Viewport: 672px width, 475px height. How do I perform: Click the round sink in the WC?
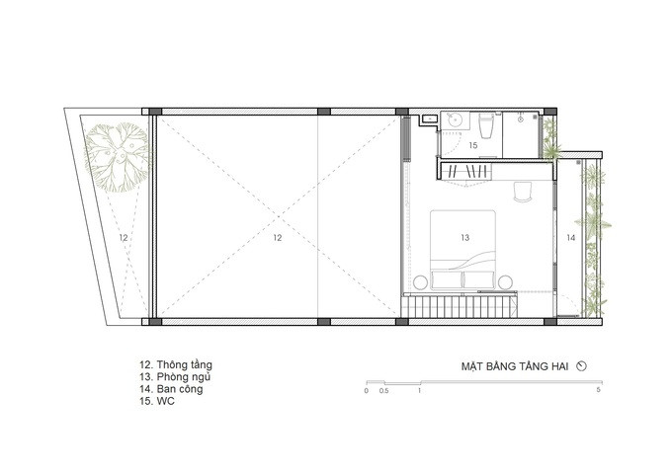(x=454, y=120)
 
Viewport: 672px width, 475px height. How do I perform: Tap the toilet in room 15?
(x=486, y=125)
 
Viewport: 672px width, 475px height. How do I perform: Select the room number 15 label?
(x=472, y=145)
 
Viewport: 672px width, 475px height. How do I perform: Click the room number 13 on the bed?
(x=465, y=237)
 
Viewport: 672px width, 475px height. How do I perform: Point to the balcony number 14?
(x=571, y=238)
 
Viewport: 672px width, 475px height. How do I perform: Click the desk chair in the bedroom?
(x=523, y=192)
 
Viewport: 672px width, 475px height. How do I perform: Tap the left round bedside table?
(x=420, y=282)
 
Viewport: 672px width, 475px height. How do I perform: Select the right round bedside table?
(x=505, y=282)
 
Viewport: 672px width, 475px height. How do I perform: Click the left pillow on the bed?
(x=447, y=279)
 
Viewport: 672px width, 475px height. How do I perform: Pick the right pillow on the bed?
(x=479, y=279)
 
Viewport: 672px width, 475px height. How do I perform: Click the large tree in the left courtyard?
(x=118, y=157)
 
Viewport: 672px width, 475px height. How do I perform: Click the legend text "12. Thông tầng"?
(x=176, y=365)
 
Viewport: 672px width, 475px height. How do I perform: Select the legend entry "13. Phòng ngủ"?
(x=175, y=377)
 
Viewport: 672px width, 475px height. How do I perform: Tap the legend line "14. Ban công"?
(x=171, y=389)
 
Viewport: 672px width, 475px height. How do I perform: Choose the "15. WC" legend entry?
(x=157, y=401)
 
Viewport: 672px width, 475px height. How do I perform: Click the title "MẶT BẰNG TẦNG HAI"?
(x=515, y=366)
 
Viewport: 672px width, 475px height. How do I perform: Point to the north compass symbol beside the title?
(x=581, y=366)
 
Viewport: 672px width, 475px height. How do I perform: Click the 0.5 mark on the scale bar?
(x=384, y=391)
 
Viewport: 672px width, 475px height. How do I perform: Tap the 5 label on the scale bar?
(x=599, y=390)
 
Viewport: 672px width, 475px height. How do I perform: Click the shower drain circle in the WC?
(x=521, y=120)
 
